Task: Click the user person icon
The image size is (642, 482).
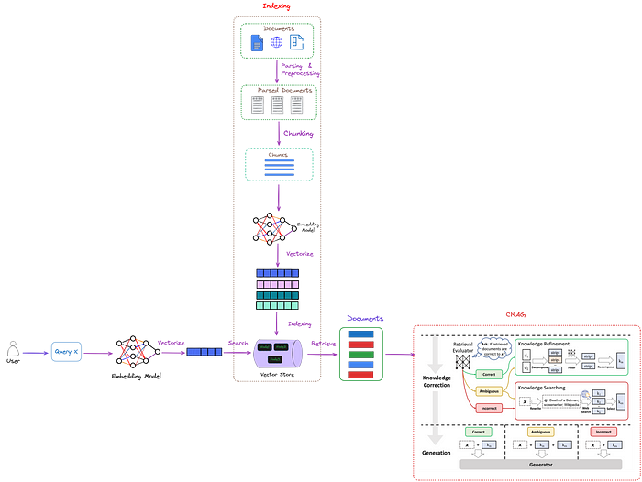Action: (14, 349)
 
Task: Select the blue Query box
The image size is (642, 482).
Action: (65, 351)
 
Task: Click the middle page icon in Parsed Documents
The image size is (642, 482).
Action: (277, 105)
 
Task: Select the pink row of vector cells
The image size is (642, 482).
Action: (277, 284)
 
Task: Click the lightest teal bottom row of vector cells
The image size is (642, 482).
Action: (277, 307)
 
